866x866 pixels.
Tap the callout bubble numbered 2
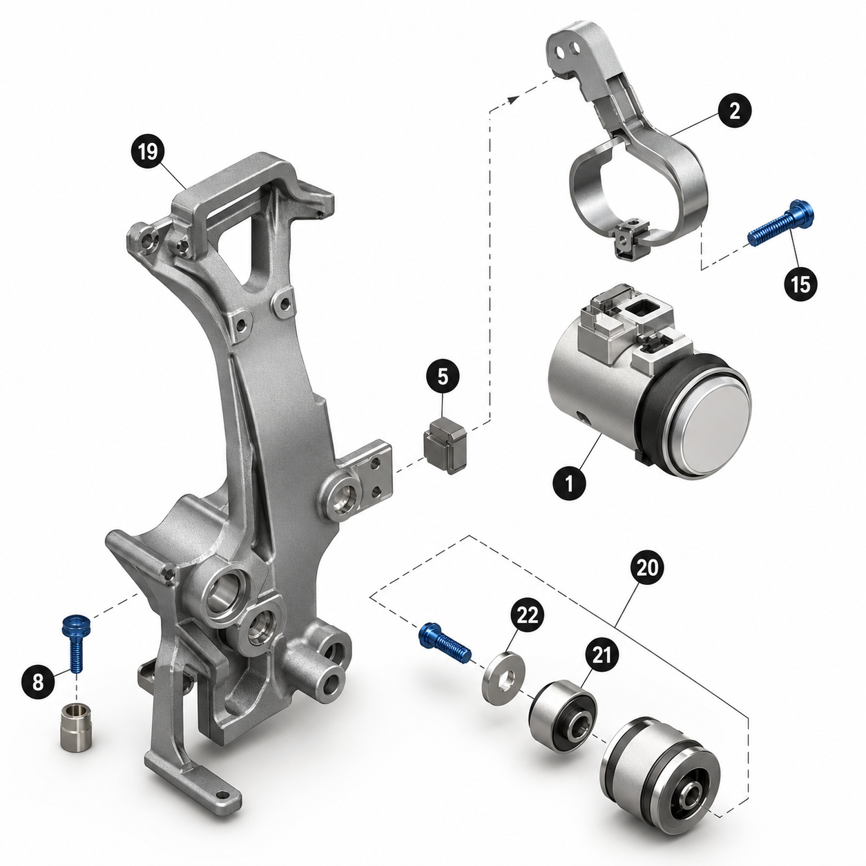[x=734, y=110]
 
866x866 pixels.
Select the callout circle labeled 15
[x=801, y=284]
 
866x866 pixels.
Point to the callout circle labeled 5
[x=443, y=376]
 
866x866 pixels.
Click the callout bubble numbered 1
[x=570, y=485]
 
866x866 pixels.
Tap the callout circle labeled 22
[x=527, y=615]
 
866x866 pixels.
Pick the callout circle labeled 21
[x=602, y=655]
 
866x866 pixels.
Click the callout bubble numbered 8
[x=39, y=682]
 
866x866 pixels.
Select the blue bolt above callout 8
[x=75, y=644]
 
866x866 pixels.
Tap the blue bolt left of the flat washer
[x=445, y=643]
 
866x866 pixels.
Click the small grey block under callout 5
[x=446, y=445]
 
